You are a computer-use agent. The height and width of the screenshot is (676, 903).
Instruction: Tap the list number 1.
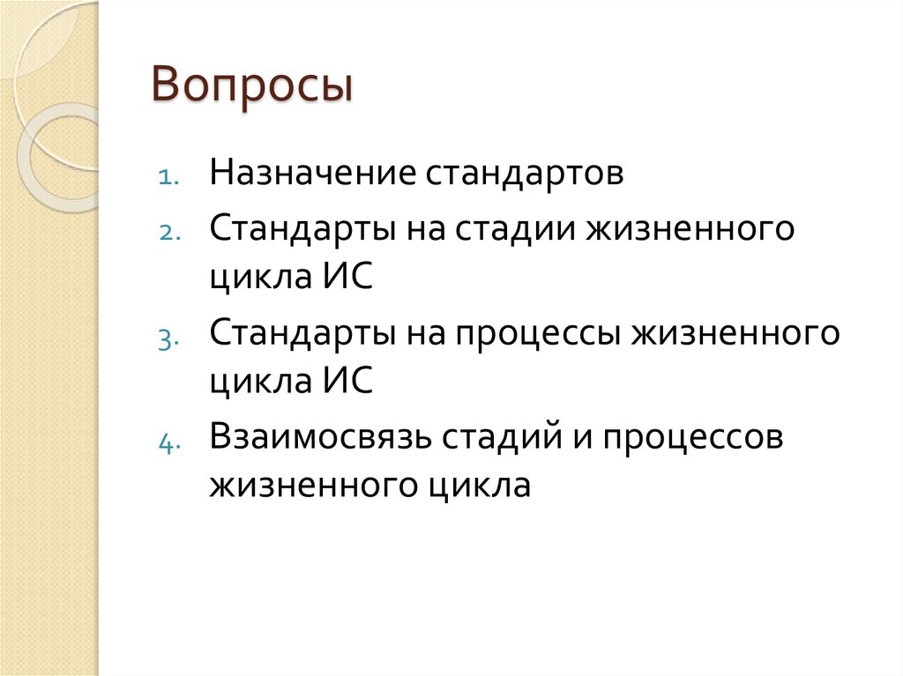(x=169, y=176)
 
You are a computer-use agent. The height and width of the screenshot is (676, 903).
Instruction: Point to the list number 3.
(x=169, y=338)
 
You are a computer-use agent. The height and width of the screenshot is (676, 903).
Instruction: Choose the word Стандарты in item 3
(x=302, y=334)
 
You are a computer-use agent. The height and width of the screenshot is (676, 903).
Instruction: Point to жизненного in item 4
(x=321, y=486)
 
